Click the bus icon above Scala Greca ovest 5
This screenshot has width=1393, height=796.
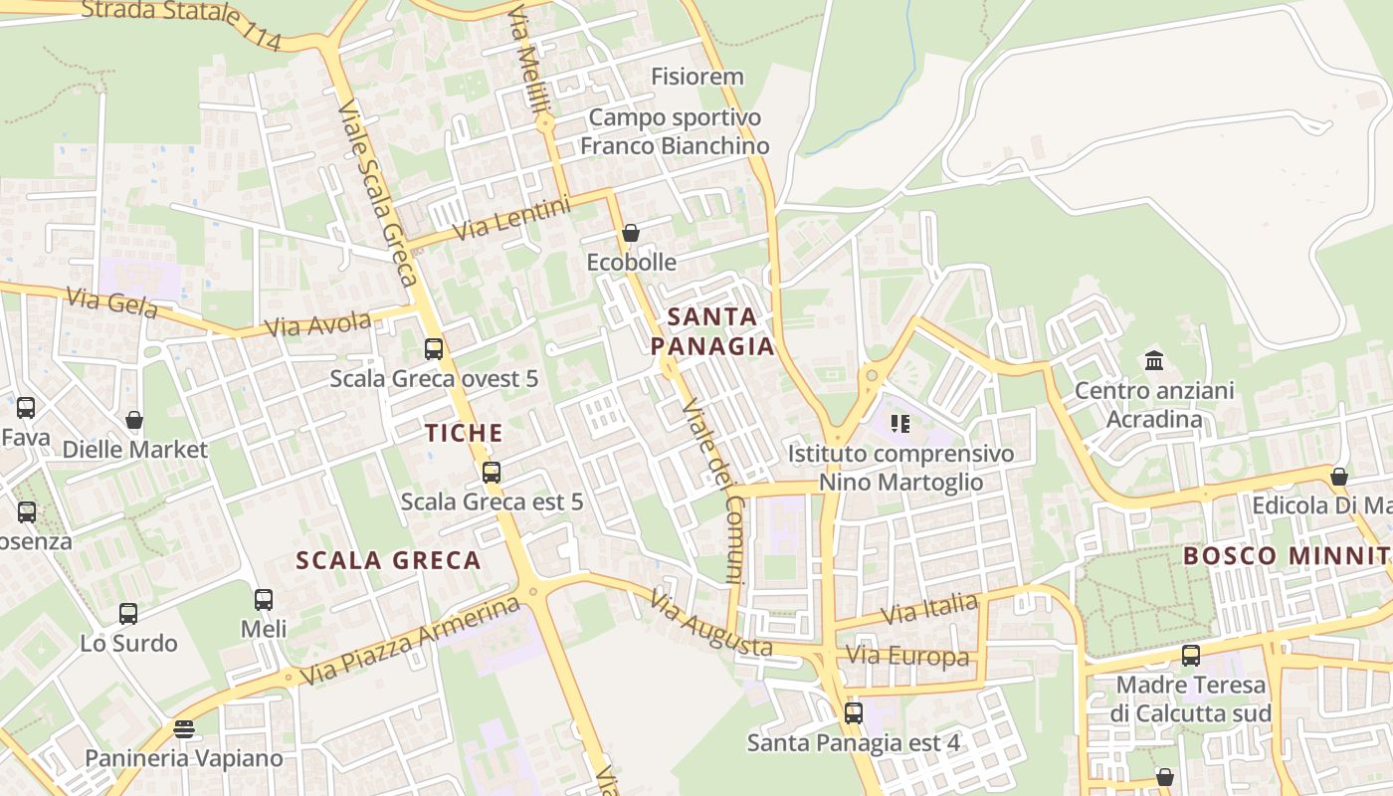click(x=434, y=349)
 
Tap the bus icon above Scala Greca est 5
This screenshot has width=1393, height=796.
click(x=491, y=473)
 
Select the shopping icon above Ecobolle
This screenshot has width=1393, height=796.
click(x=630, y=234)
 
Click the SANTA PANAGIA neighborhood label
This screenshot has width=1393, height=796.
click(x=711, y=331)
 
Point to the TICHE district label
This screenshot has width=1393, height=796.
click(x=464, y=433)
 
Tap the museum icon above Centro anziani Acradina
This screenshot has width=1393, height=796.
click(x=1154, y=360)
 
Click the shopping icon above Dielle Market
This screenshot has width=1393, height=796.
click(x=134, y=420)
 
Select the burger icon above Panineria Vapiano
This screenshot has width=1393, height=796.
click(x=183, y=729)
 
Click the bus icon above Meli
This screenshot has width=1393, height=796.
click(x=264, y=600)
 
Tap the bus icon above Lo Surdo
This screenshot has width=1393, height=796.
click(x=128, y=614)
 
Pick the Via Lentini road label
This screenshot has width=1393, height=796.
click(x=512, y=219)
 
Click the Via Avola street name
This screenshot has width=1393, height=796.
click(x=317, y=325)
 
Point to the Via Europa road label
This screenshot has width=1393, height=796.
click(x=906, y=657)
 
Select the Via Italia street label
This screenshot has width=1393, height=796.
click(x=929, y=609)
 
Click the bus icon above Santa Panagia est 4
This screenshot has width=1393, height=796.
click(x=853, y=713)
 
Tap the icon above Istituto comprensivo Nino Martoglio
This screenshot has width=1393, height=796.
click(x=900, y=425)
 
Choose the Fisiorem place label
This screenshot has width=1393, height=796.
click(x=696, y=77)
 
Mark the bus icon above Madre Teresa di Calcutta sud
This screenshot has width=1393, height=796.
click(x=1191, y=656)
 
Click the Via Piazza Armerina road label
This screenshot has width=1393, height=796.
click(x=410, y=642)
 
